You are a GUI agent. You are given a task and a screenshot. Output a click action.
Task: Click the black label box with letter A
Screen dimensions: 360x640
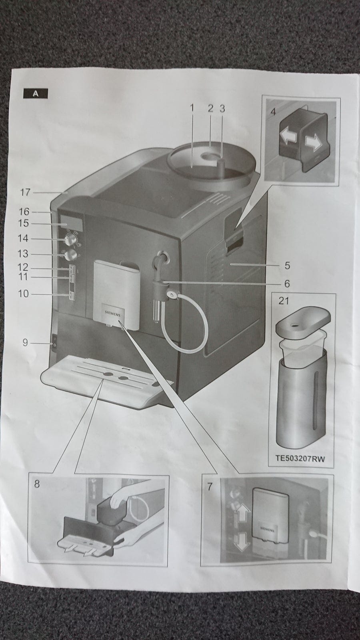coord(36,94)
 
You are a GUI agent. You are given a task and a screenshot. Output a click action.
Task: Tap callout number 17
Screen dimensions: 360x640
coord(25,192)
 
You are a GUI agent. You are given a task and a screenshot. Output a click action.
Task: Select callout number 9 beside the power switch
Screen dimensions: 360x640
coord(25,342)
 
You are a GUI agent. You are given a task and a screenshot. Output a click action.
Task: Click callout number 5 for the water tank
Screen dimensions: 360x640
coord(287,266)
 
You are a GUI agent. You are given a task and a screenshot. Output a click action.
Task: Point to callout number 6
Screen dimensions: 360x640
coord(287,284)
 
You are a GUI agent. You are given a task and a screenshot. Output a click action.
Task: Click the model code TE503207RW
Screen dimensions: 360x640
coord(300,458)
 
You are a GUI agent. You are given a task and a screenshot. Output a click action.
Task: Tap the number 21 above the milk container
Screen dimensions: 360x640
coord(284,301)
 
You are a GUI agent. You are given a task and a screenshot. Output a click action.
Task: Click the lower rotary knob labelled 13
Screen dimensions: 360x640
coord(70,255)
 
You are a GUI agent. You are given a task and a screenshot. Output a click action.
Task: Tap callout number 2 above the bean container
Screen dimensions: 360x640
coord(210,108)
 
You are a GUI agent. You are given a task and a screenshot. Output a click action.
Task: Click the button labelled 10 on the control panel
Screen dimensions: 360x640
coord(71,296)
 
